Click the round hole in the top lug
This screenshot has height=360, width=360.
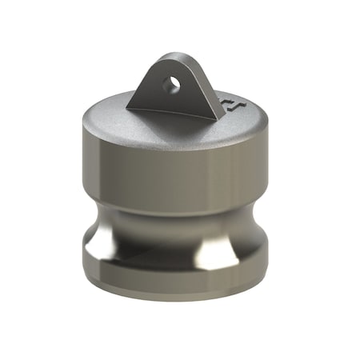point(170,82)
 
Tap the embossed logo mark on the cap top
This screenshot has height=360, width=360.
point(231,104)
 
